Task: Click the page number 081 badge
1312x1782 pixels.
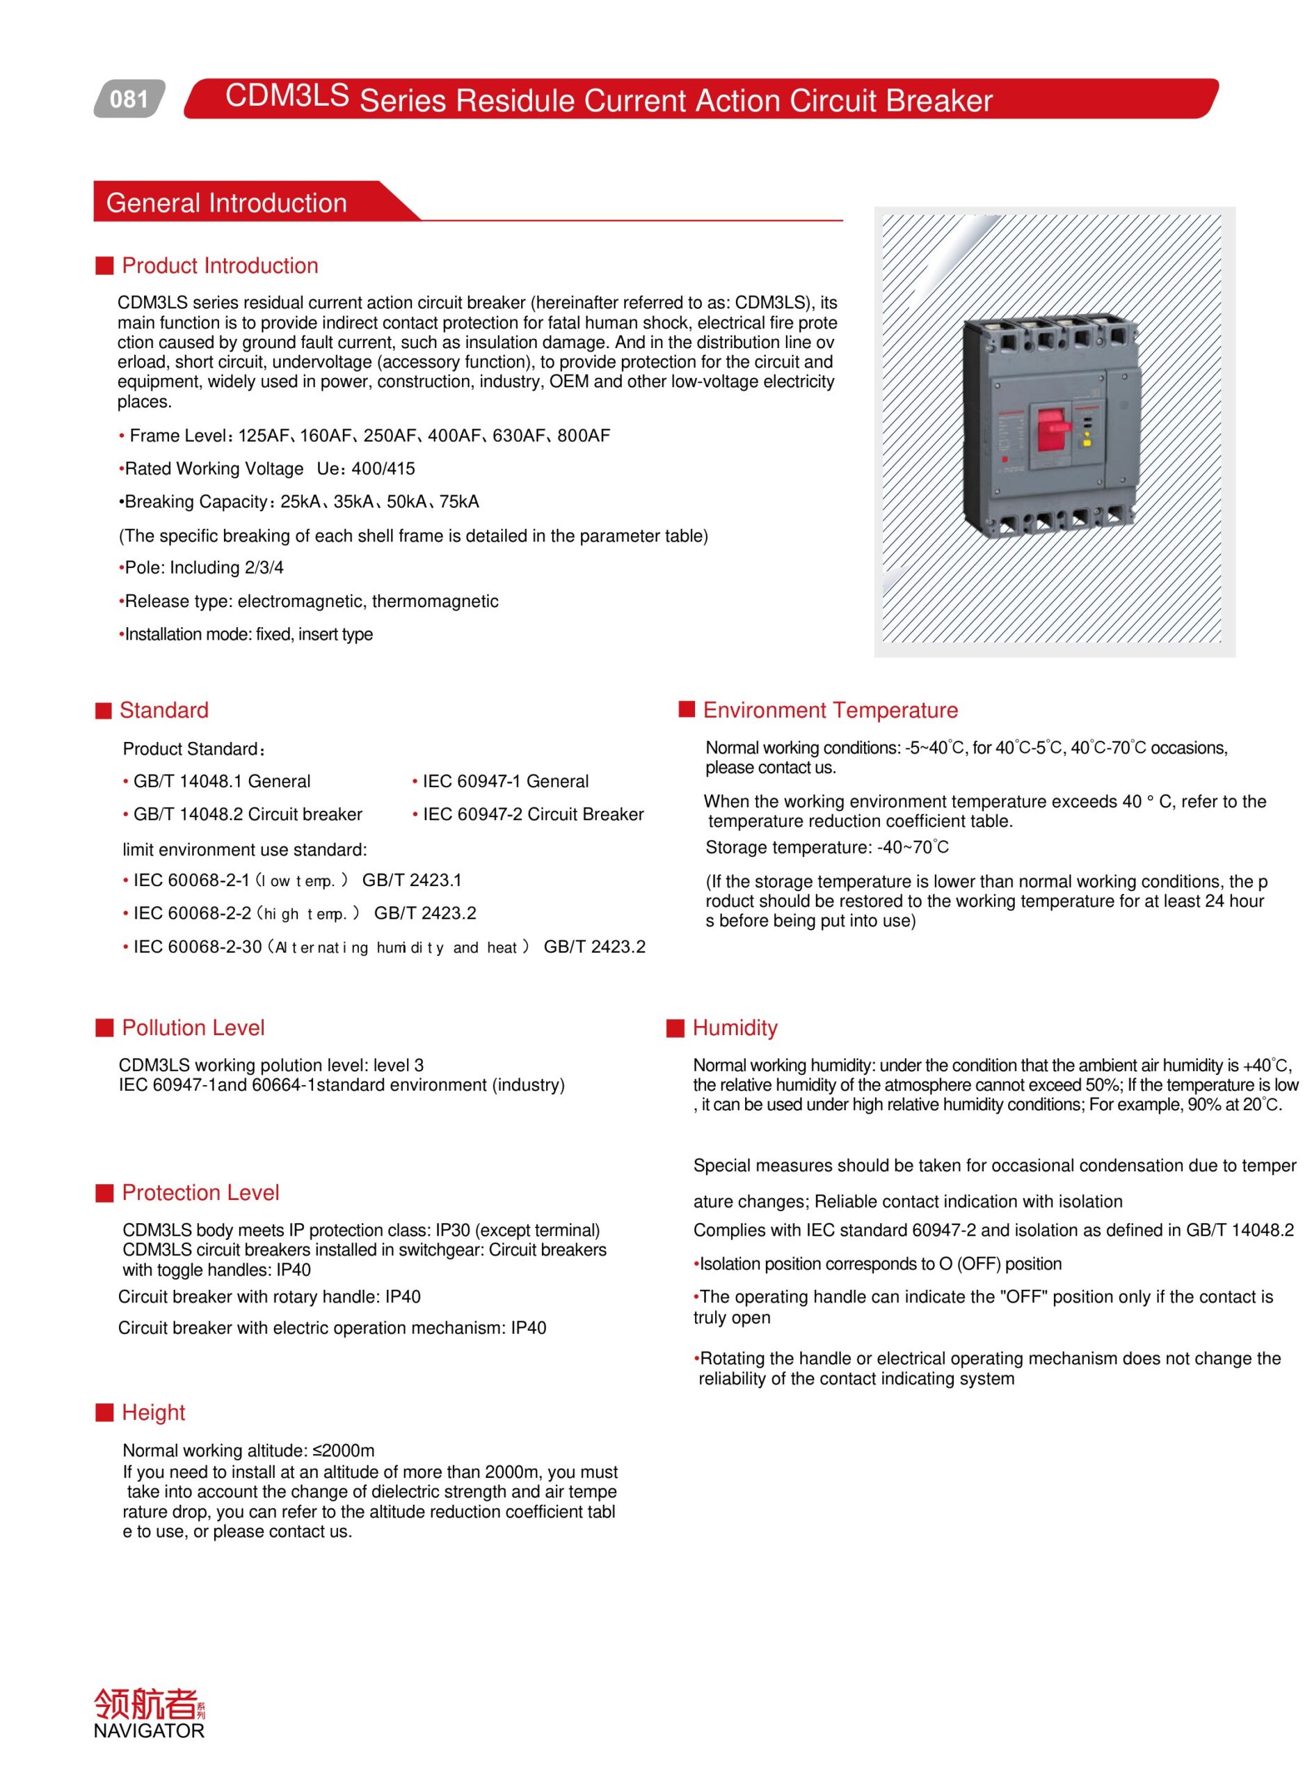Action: tap(129, 100)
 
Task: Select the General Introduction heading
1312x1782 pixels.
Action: tap(226, 203)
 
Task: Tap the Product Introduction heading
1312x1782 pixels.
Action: tap(220, 266)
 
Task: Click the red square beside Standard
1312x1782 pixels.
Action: tap(103, 711)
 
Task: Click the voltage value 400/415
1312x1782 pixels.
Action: tap(383, 468)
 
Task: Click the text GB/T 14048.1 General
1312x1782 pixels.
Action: tap(222, 782)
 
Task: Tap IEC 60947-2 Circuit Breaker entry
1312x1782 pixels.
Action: tap(532, 815)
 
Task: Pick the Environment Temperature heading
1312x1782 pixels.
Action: tap(830, 711)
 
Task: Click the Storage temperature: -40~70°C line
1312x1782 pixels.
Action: tap(826, 848)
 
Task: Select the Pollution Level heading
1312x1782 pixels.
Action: tap(193, 1028)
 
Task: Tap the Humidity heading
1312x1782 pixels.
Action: tap(735, 1028)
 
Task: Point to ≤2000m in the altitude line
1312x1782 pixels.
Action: tap(343, 1451)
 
